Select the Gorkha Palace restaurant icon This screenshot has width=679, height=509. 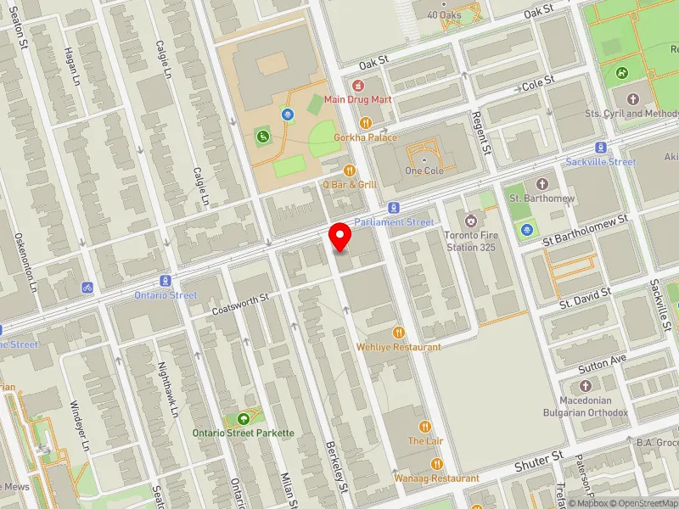click(x=366, y=123)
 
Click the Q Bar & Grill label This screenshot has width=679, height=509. click(x=349, y=183)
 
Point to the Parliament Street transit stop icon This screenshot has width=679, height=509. click(x=394, y=208)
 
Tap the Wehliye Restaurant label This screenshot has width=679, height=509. click(x=398, y=347)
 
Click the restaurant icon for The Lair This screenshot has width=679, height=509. click(x=425, y=427)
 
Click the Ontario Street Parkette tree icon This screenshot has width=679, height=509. click(x=244, y=418)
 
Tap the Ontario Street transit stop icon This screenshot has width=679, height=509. click(x=165, y=282)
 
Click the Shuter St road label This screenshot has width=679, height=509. click(x=539, y=463)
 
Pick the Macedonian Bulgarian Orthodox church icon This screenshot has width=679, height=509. click(x=586, y=387)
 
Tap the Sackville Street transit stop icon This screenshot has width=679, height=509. click(x=601, y=148)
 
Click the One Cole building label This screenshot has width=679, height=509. click(x=425, y=171)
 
